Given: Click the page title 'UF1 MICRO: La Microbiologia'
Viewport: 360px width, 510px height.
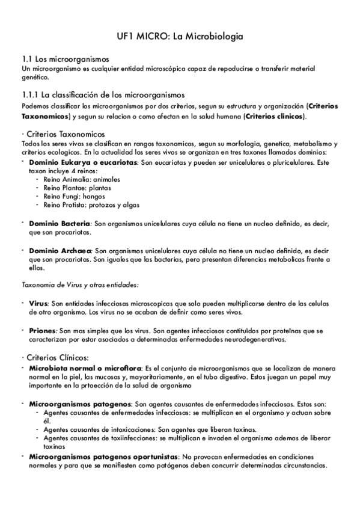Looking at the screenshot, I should tap(180, 37).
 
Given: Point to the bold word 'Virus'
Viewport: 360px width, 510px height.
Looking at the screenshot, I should tap(38, 304).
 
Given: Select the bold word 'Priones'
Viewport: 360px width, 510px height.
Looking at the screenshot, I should tap(42, 331).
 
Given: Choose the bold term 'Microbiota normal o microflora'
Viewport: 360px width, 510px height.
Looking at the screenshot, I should tap(85, 367).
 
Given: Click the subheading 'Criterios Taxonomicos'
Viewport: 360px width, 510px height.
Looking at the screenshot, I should tap(63, 133).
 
